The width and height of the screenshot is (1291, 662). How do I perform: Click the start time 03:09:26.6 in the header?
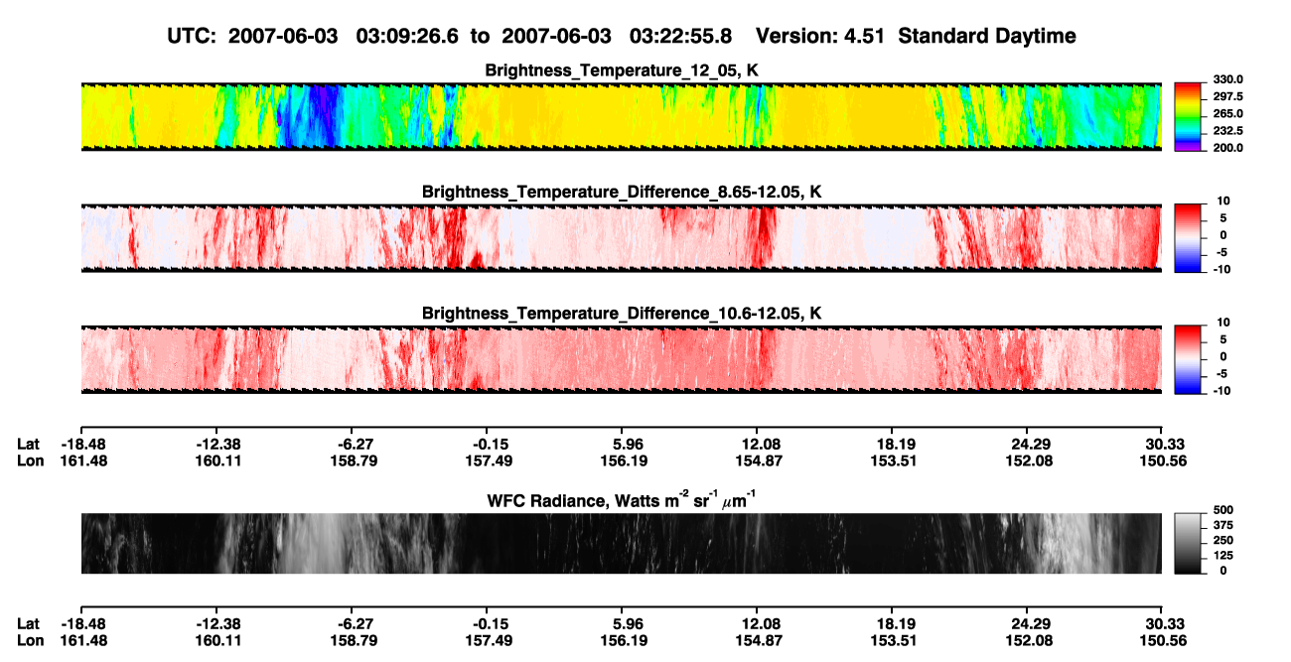(x=407, y=37)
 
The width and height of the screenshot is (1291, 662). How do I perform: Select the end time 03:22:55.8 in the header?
(x=680, y=37)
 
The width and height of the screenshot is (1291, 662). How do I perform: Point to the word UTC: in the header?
(x=192, y=37)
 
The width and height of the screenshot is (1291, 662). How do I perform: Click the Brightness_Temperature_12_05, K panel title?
(x=622, y=70)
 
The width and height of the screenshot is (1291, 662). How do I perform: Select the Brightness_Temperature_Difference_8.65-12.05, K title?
(x=622, y=192)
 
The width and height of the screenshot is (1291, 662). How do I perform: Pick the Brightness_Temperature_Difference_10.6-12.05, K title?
(x=622, y=314)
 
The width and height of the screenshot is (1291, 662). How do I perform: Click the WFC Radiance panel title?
(x=622, y=500)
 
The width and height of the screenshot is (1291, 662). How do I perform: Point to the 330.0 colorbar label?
(x=1227, y=79)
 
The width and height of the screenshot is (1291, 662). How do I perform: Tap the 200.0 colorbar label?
(x=1227, y=148)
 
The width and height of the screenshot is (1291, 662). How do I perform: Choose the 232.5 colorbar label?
(x=1227, y=131)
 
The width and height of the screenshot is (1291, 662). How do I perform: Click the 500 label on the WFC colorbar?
(x=1223, y=510)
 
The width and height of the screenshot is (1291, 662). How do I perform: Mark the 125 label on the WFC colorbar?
(x=1223, y=556)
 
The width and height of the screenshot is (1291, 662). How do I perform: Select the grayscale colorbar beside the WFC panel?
(x=1188, y=543)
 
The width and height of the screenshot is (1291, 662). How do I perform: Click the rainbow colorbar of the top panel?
(x=1188, y=117)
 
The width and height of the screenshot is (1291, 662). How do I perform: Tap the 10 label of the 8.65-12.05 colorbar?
(x=1223, y=201)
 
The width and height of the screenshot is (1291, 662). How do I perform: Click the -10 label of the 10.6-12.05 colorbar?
(x=1221, y=391)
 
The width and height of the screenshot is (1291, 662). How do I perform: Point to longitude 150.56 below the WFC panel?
(x=1163, y=641)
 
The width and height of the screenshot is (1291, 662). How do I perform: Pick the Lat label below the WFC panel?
(x=28, y=624)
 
